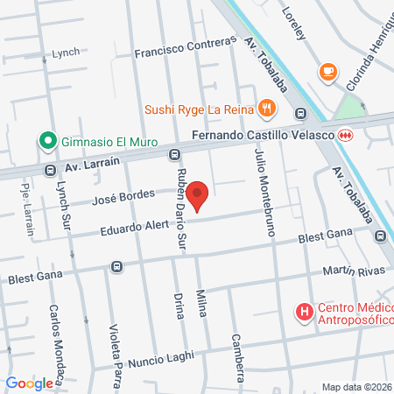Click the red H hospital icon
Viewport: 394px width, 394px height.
(304, 312)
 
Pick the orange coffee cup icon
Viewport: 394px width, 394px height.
(328, 71)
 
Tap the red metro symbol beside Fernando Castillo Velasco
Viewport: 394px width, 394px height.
(346, 136)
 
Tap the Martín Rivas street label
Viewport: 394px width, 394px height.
(354, 272)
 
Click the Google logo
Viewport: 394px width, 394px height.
(30, 383)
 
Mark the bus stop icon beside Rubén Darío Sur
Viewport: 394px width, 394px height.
(174, 154)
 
